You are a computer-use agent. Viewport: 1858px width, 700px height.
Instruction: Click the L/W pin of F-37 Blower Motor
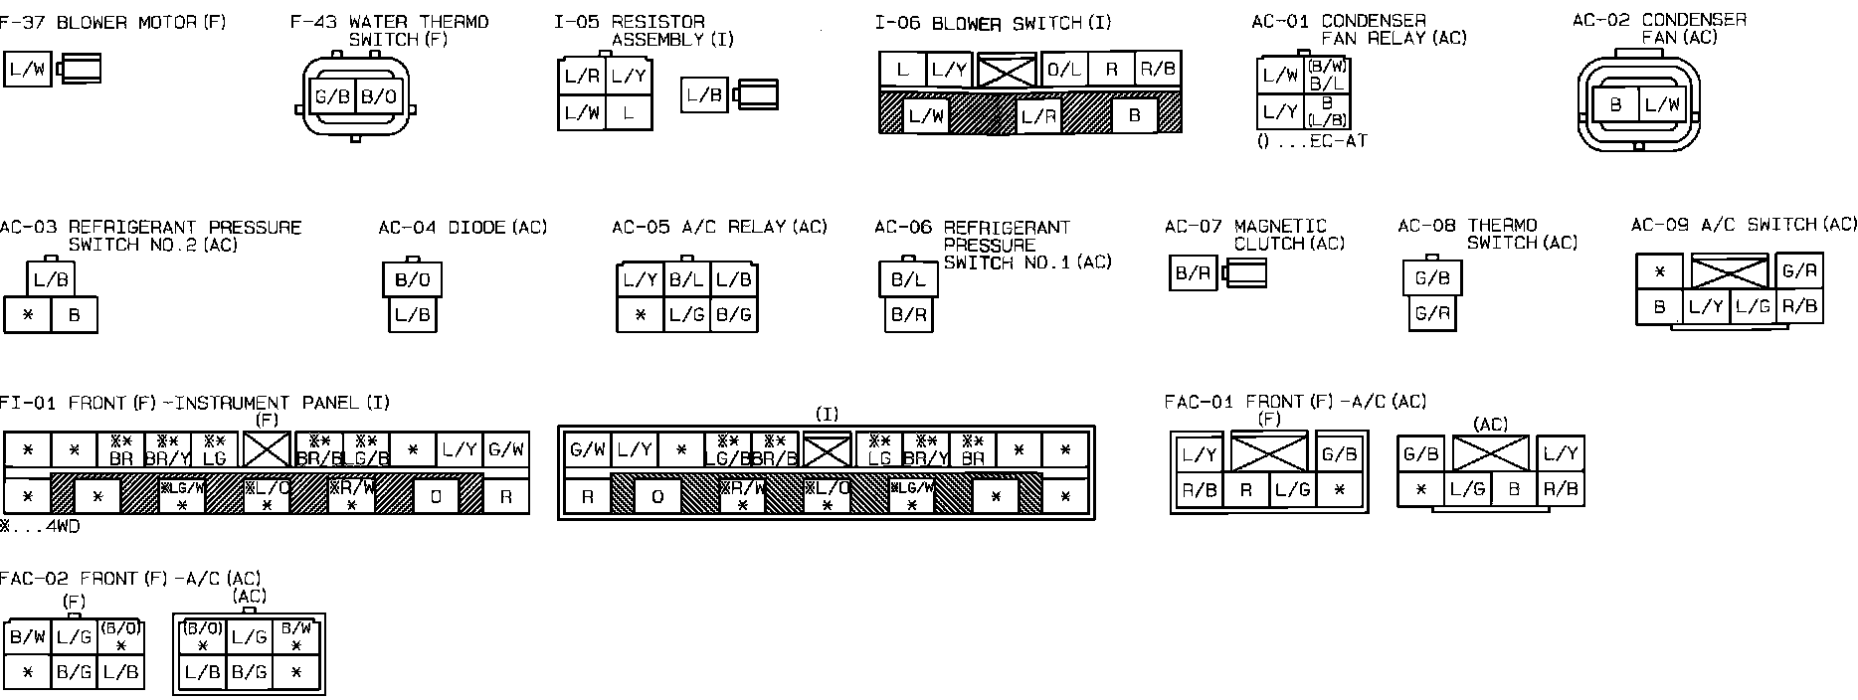click(x=27, y=70)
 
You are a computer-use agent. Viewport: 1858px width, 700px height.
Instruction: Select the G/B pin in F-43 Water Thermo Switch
click(x=331, y=97)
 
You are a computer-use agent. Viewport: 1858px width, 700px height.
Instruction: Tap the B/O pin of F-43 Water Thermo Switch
click(x=378, y=97)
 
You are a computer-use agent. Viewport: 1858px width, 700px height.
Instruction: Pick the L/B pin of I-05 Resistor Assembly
click(x=704, y=95)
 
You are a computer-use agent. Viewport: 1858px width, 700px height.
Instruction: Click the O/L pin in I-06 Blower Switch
click(x=1063, y=69)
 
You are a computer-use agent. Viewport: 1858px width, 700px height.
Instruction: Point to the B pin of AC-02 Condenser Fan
click(x=1615, y=104)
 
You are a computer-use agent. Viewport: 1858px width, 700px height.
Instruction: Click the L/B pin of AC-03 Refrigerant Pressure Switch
click(x=51, y=280)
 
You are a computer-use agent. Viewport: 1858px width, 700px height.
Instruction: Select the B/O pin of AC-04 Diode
click(x=412, y=279)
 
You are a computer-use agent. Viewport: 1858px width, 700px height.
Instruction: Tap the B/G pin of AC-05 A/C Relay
click(x=733, y=315)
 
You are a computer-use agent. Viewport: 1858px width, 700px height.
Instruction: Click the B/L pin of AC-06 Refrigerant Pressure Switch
click(x=908, y=280)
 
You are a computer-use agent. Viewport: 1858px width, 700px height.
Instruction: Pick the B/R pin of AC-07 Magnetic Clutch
click(x=1193, y=273)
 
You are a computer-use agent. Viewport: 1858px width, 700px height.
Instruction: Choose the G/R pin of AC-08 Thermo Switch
click(x=1432, y=313)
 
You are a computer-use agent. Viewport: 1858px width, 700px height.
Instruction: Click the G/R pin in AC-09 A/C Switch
click(x=1800, y=270)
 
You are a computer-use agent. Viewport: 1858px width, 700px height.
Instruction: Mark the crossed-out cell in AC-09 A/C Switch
click(x=1730, y=271)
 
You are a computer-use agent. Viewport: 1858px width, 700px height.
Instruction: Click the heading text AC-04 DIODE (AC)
click(x=463, y=228)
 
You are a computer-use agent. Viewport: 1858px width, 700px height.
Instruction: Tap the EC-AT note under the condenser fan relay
click(x=1312, y=141)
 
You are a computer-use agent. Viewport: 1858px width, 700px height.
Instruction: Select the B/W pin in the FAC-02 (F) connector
click(x=27, y=637)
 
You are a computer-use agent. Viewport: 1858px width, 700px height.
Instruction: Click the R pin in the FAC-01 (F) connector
click(x=1245, y=489)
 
